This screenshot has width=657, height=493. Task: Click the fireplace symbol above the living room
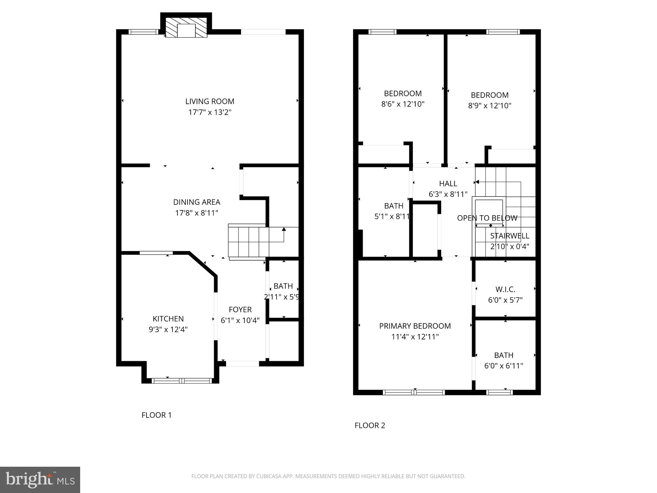click(186, 28)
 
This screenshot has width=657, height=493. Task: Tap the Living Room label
click(210, 102)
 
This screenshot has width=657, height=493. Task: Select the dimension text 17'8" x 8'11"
click(196, 213)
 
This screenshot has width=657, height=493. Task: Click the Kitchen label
click(168, 319)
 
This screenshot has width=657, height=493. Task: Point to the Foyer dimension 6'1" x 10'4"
click(240, 320)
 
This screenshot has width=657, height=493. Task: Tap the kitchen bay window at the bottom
click(182, 381)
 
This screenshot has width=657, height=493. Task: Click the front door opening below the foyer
click(242, 364)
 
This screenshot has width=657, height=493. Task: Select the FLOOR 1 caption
click(156, 415)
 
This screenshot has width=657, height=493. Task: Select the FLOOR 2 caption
click(370, 426)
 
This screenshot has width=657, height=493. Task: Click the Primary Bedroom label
click(415, 326)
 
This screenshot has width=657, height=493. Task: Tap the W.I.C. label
click(505, 290)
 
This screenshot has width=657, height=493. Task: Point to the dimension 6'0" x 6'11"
click(504, 366)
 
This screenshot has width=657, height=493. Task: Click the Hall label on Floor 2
click(448, 184)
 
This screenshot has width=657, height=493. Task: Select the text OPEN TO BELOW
click(487, 218)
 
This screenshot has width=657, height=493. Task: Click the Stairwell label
click(510, 236)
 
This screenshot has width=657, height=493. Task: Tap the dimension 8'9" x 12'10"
click(489, 106)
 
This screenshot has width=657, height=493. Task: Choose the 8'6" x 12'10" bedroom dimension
click(403, 104)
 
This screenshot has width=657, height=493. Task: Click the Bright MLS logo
click(40, 480)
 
